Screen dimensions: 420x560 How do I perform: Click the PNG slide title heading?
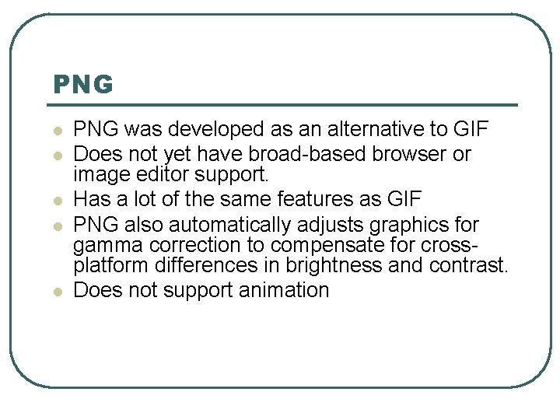pos(83,84)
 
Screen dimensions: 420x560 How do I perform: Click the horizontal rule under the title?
pos(285,105)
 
